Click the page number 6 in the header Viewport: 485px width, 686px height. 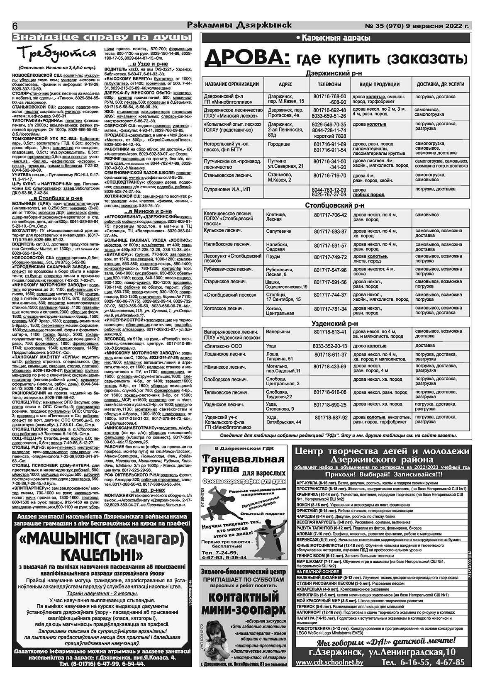click(16, 26)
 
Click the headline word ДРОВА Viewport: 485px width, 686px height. click(247, 58)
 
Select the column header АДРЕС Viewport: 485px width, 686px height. click(285, 84)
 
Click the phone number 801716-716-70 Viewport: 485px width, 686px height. click(330, 175)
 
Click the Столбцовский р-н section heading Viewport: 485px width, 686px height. click(335, 205)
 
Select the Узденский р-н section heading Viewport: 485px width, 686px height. click(335, 324)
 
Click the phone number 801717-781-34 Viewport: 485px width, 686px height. click(330, 309)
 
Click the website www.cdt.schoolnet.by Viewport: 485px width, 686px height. click(330, 674)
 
